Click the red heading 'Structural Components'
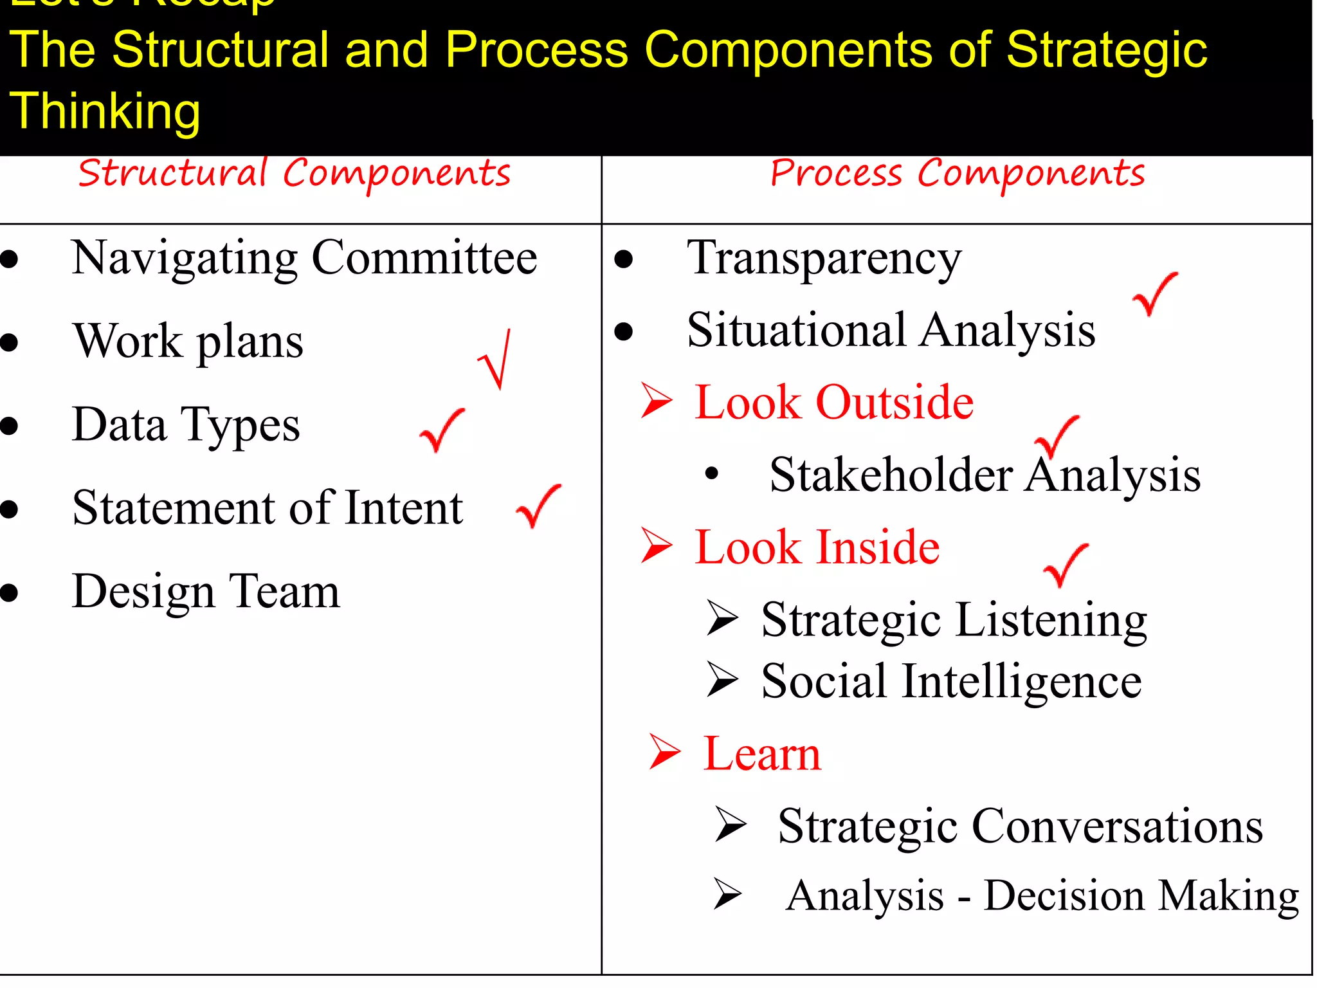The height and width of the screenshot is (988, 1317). [x=294, y=174]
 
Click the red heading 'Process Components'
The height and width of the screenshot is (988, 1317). [x=957, y=174]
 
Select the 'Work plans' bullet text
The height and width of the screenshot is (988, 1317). [x=188, y=342]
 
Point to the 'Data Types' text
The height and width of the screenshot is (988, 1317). [x=186, y=425]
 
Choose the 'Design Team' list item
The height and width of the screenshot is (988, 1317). [x=206, y=591]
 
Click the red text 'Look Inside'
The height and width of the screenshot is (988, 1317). [x=817, y=547]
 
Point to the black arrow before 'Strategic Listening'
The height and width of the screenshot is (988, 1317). [x=722, y=618]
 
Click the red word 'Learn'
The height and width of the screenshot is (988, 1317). [x=762, y=753]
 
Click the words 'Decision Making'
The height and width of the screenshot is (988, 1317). [x=1141, y=896]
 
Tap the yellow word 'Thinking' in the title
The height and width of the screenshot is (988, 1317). [x=105, y=111]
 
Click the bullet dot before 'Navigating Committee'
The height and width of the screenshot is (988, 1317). [x=9, y=259]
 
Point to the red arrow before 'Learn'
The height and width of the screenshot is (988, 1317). [x=664, y=751]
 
